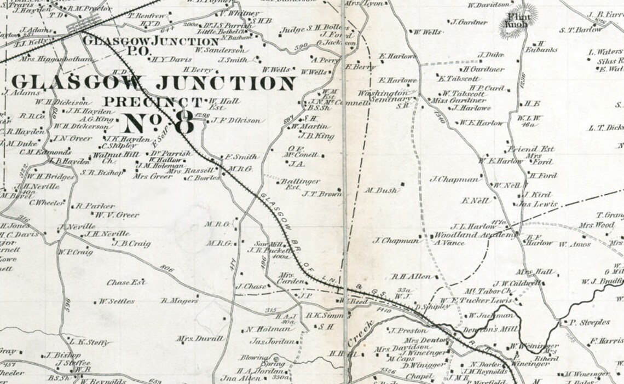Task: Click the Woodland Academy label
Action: [x=474, y=235]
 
